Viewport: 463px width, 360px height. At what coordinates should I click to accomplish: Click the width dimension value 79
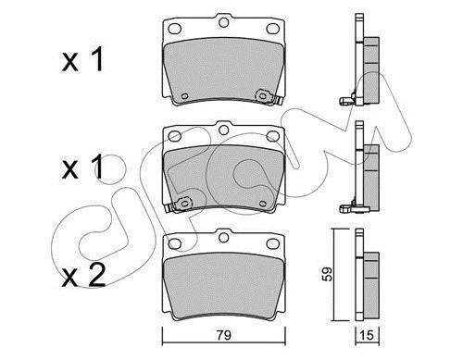(224, 335)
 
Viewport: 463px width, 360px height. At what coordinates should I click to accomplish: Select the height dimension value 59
(328, 274)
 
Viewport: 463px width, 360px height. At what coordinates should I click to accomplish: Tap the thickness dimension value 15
(368, 335)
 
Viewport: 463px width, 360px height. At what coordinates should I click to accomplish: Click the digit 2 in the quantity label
(96, 276)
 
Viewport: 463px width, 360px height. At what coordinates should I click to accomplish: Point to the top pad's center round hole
(223, 22)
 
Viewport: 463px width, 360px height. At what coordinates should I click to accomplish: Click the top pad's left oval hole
(174, 29)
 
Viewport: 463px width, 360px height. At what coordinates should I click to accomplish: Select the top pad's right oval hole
(272, 29)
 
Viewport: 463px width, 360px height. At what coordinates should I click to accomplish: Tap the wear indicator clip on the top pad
(266, 97)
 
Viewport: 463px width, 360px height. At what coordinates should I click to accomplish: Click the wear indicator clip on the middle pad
(180, 205)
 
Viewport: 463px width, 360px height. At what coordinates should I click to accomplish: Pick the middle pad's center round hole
(223, 130)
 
